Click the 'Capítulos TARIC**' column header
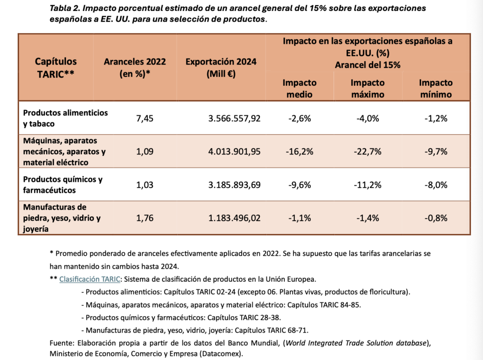(x=56, y=67)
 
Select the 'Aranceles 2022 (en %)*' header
(x=132, y=67)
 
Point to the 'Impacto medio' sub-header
(x=300, y=88)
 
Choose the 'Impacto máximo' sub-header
(x=367, y=88)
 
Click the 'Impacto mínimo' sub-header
(x=435, y=88)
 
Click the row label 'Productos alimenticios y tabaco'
(x=65, y=118)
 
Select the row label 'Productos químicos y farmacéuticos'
(x=63, y=185)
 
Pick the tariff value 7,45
(x=144, y=118)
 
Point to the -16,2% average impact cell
(x=300, y=151)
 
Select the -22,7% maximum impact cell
(x=367, y=151)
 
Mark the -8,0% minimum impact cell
(x=435, y=185)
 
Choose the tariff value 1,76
(x=144, y=218)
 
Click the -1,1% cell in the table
(x=300, y=218)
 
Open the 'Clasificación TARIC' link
(x=90, y=279)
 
